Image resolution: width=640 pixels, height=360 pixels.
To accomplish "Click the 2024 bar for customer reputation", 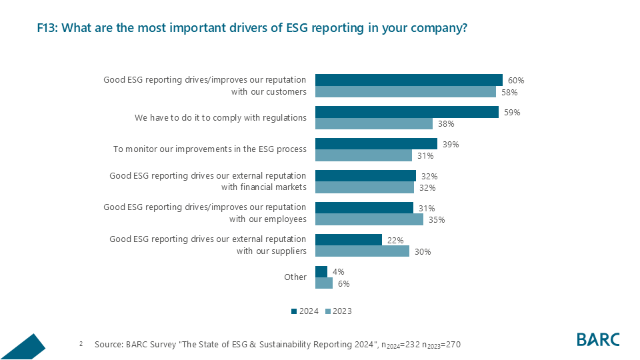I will tap(408, 80).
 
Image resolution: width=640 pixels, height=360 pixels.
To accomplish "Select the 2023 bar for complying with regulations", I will tap(373, 124).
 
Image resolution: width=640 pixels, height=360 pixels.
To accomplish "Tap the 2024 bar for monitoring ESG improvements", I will tap(375, 144).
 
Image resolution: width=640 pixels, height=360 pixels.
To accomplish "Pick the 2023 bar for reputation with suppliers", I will tap(361, 251).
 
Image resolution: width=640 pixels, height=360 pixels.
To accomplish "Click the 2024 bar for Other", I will tap(321, 271).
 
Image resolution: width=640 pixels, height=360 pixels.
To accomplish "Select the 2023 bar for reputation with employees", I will tap(369, 219).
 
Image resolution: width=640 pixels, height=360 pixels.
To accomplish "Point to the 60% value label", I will tap(515, 81).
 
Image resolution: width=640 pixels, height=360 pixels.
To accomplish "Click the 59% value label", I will tap(512, 113).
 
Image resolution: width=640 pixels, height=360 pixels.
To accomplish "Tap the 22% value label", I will tap(395, 240).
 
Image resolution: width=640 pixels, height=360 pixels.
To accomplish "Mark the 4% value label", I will tap(338, 272).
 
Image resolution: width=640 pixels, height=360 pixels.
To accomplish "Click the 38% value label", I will tap(446, 124).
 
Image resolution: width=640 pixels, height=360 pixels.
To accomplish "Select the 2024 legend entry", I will tap(305, 311).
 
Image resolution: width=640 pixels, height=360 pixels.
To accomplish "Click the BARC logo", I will tap(597, 339).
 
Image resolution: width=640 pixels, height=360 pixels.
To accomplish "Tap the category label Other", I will tap(295, 277).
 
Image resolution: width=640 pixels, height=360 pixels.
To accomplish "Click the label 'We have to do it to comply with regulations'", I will tap(220, 117).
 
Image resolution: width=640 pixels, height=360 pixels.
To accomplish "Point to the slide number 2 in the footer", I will tap(81, 344).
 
